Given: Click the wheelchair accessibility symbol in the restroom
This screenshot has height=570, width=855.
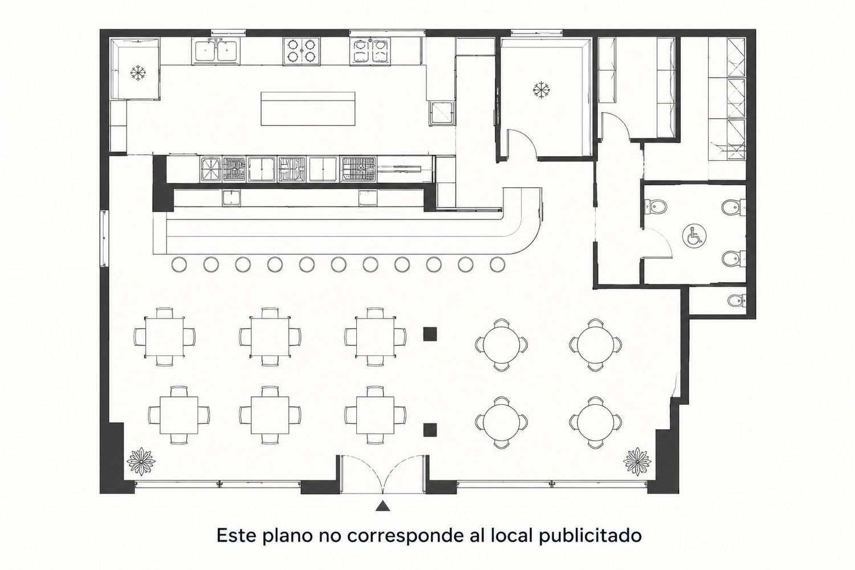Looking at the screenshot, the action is tap(694, 235).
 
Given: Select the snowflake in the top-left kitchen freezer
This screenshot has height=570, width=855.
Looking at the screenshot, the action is tap(138, 73).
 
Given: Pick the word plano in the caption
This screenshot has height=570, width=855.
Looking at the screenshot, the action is tap(287, 536).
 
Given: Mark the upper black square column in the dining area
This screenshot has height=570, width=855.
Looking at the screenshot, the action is tap(430, 334).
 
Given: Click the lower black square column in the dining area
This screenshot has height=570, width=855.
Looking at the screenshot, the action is tap(430, 430).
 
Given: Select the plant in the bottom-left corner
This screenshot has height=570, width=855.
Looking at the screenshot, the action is tap(141, 462).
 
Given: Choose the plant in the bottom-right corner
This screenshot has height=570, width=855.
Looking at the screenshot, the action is tap(637, 462).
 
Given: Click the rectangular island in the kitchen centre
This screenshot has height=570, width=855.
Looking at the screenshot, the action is tap(308, 108).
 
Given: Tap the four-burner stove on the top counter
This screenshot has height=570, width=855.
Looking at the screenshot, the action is tap(302, 51).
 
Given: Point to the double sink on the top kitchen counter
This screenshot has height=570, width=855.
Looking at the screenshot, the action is tap(217, 51).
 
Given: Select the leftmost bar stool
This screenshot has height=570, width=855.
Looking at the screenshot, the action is tap(179, 264).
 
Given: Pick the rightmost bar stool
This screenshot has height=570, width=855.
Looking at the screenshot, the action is tap(498, 264).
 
